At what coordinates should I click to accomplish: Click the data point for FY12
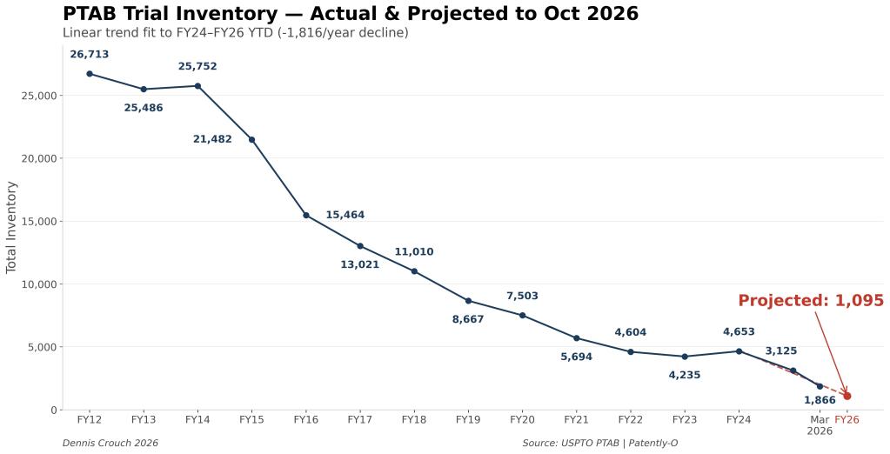tap(90, 74)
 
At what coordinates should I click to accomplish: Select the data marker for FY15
tap(252, 139)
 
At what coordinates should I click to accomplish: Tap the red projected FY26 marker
tap(847, 396)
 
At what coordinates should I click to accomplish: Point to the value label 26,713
tap(90, 54)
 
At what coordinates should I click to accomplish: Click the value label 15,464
tap(345, 215)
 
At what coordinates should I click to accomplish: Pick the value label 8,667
tap(468, 319)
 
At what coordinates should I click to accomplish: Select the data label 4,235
tap(685, 375)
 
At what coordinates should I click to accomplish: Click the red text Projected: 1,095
tap(811, 301)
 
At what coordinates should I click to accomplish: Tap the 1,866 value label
tap(820, 400)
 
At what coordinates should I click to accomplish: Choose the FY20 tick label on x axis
tap(522, 420)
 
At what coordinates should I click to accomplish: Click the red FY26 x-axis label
tap(847, 420)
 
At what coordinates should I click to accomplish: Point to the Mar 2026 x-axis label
tap(820, 425)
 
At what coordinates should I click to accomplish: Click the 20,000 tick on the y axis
tap(38, 158)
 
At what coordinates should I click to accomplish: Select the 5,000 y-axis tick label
tap(42, 347)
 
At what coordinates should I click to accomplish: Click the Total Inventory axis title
tap(12, 227)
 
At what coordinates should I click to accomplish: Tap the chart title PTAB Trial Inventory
tap(350, 14)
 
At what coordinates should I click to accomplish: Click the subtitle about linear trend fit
tap(235, 33)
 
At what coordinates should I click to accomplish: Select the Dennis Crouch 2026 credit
tap(110, 444)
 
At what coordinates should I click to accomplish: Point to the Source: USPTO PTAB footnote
tap(599, 444)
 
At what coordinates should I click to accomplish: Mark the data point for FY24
tap(739, 351)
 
